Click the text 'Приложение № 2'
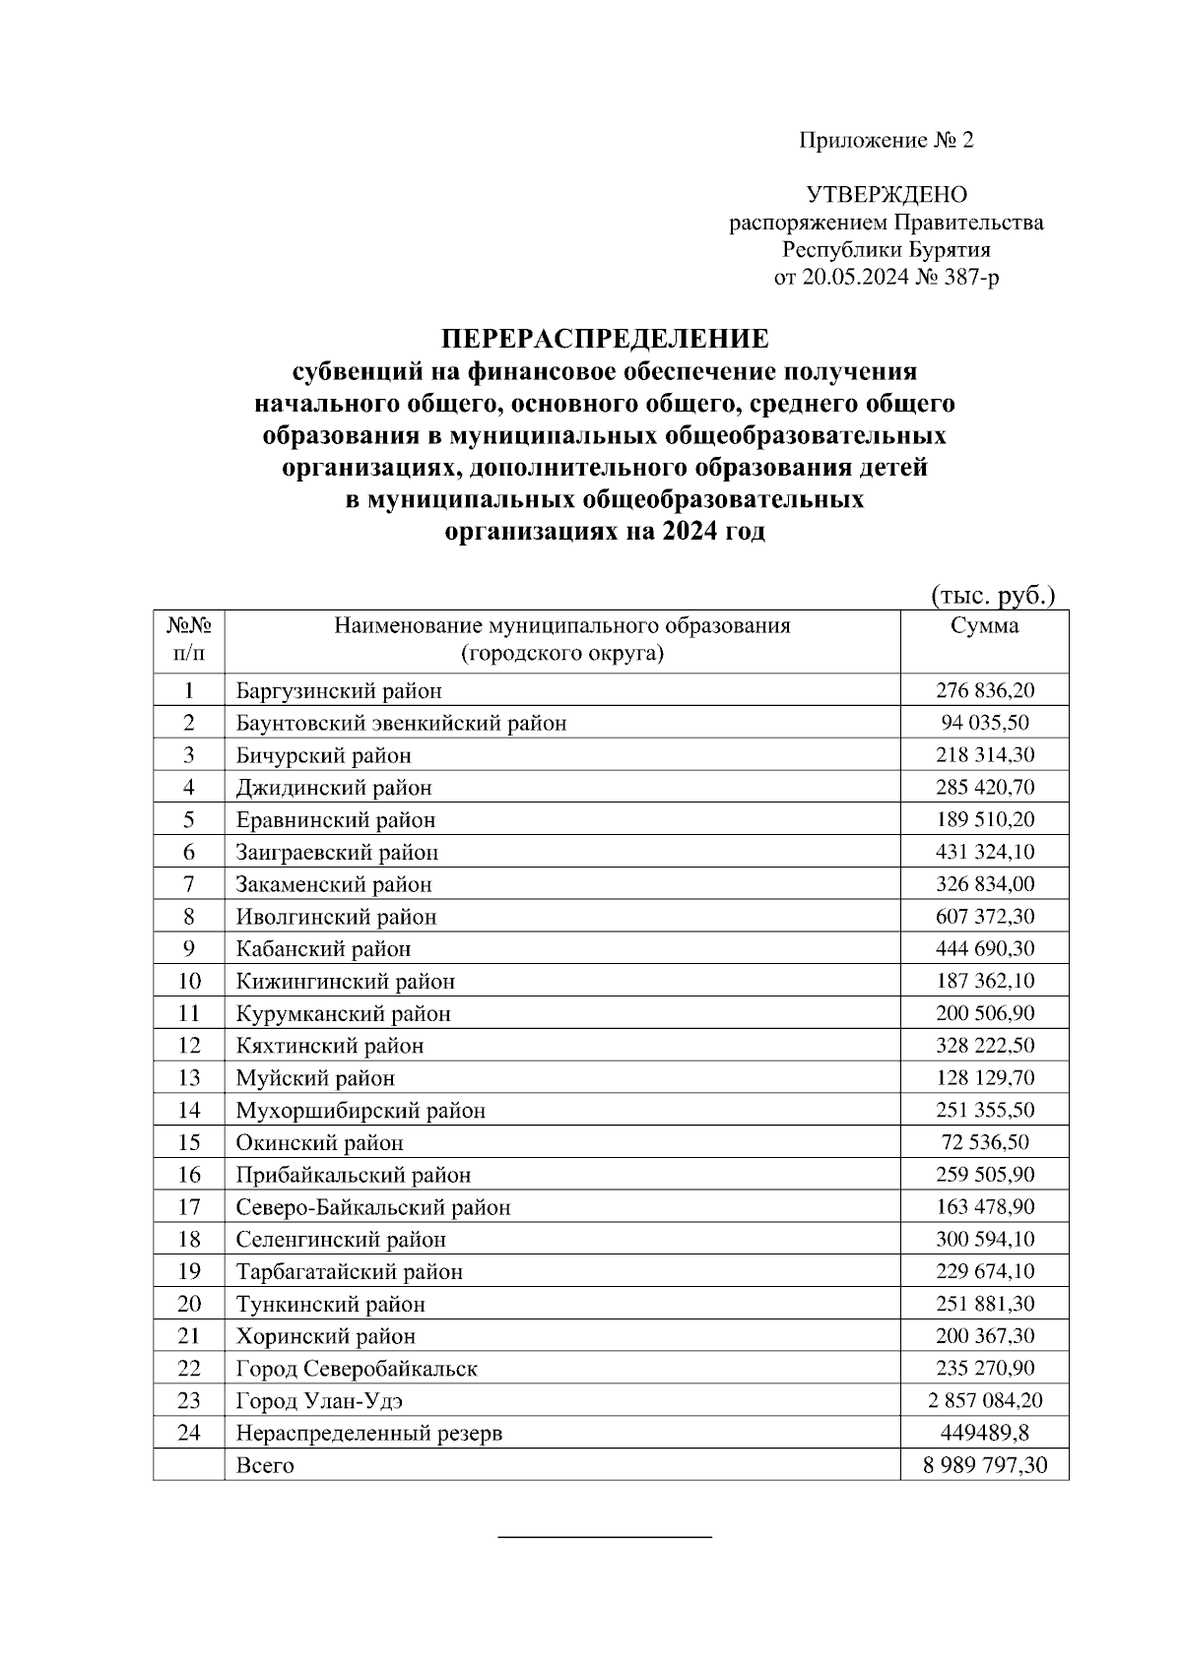(885, 141)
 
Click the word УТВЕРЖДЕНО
(886, 195)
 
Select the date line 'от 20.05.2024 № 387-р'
(886, 278)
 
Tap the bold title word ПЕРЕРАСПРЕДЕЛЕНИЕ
(604, 340)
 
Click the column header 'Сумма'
(984, 626)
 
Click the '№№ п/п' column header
(188, 640)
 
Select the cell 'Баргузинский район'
(339, 691)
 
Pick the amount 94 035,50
(984, 723)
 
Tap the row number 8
(188, 917)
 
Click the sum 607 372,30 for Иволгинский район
(984, 917)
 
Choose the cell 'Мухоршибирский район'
(361, 1111)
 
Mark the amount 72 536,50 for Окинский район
(984, 1142)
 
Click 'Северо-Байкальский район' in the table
(373, 1207)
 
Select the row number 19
(188, 1271)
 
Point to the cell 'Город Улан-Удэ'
(319, 1400)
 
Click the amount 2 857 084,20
(984, 1400)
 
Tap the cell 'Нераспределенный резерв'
(368, 1433)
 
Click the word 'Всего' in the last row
(265, 1465)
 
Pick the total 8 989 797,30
(984, 1465)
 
